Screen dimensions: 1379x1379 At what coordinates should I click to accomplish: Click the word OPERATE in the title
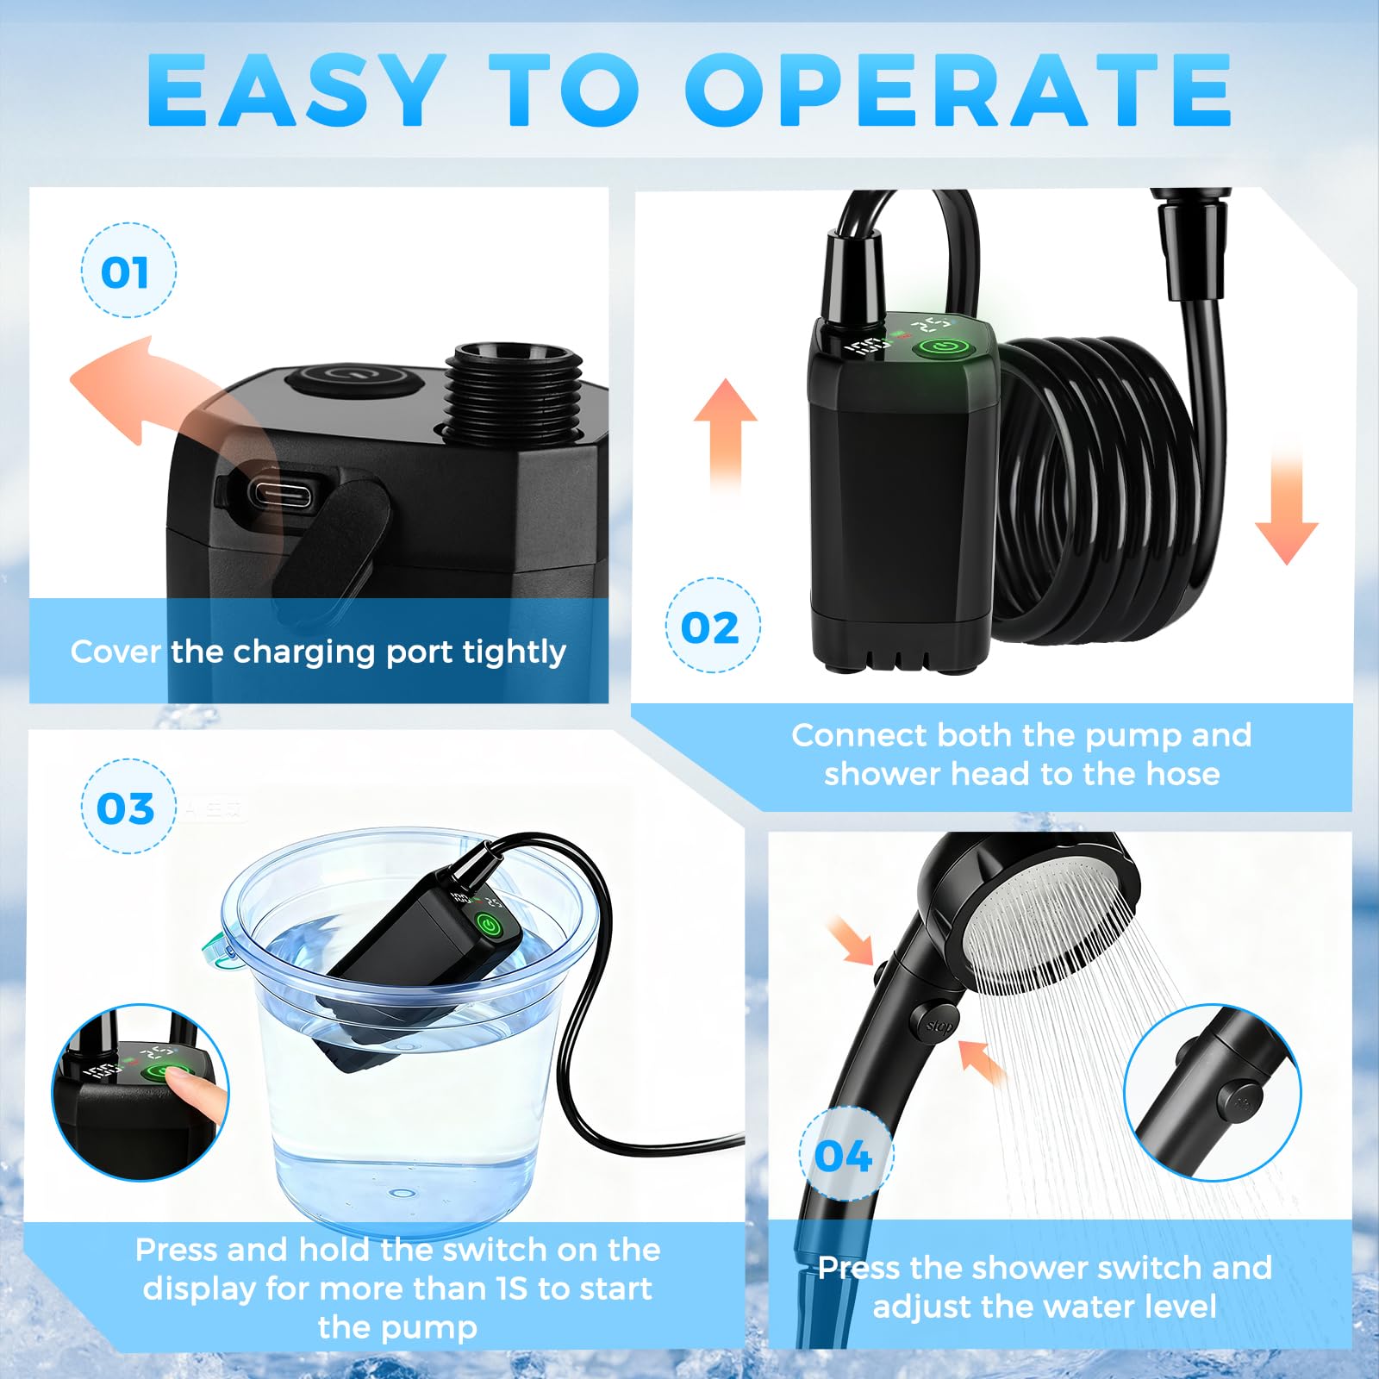point(958,91)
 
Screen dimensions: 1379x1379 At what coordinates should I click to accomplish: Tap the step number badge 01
point(128,271)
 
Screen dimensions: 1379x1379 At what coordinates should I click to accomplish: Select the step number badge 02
point(712,627)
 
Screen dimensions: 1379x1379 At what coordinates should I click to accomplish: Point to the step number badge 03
point(128,808)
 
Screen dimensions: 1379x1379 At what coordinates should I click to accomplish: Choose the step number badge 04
point(844,1155)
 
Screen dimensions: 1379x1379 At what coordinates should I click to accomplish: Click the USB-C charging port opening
point(284,495)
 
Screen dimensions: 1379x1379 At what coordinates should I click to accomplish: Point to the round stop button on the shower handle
point(938,1026)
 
